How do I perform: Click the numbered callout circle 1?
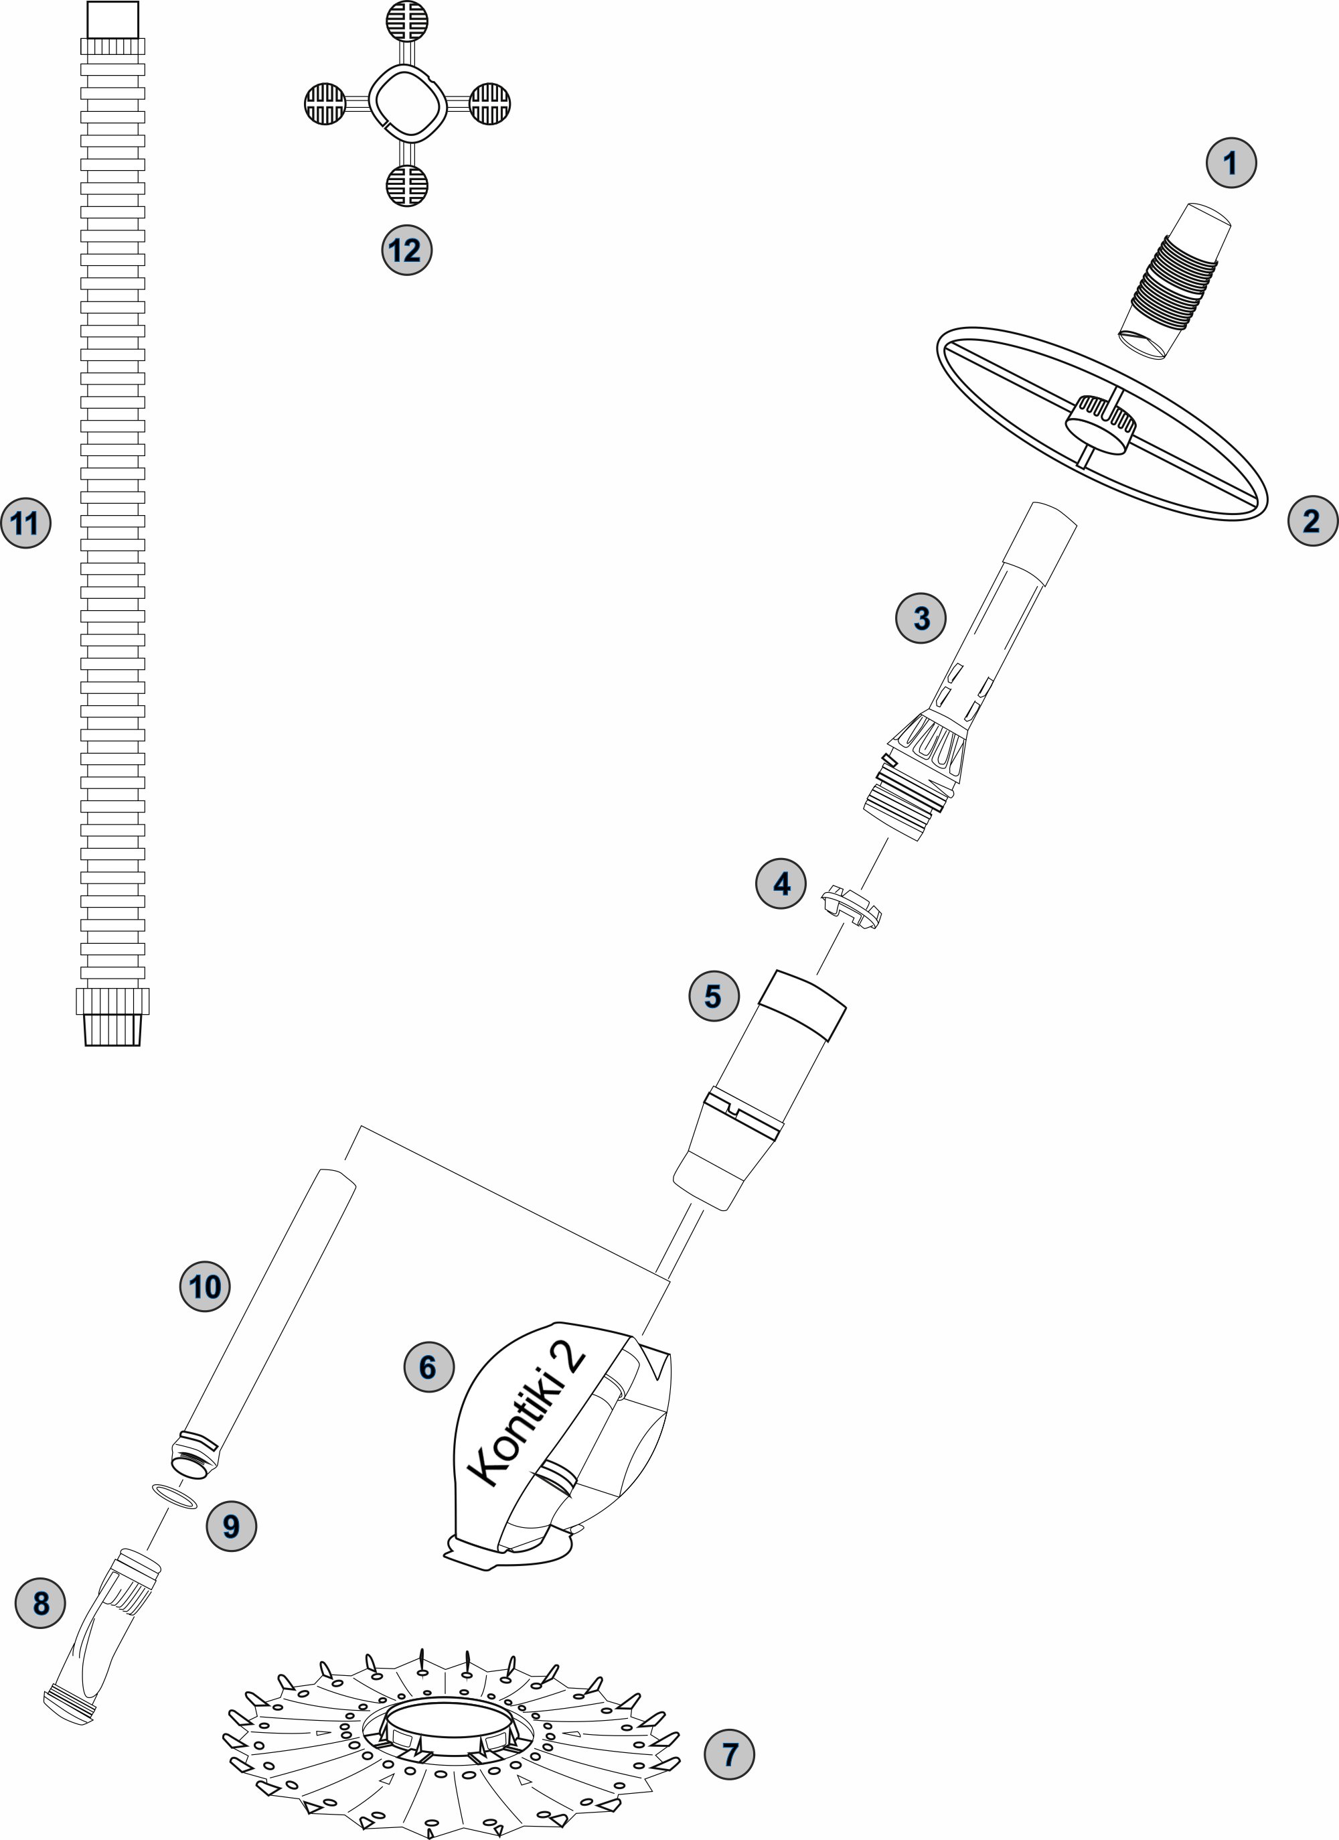[x=1231, y=163]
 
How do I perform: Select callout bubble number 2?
[x=1312, y=521]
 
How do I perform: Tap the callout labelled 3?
[x=921, y=618]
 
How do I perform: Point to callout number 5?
[x=714, y=995]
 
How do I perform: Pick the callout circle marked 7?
[x=729, y=1755]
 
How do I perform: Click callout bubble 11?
[x=26, y=523]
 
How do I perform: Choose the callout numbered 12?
[x=406, y=250]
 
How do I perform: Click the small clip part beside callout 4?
[x=852, y=907]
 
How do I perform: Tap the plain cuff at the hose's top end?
[x=112, y=20]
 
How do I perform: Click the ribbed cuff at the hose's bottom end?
[x=112, y=1017]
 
